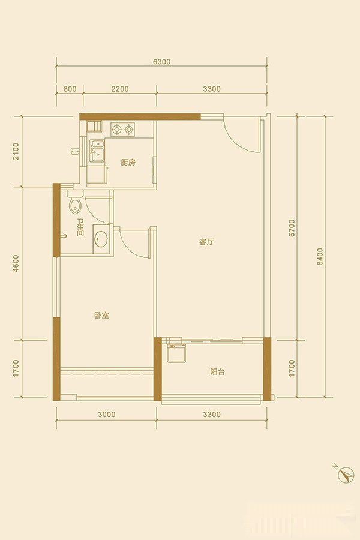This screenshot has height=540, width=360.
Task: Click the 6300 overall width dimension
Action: [161, 62]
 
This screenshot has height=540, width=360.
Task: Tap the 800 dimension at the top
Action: [70, 89]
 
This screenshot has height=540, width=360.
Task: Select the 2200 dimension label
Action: [120, 89]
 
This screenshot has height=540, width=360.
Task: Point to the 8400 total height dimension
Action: [320, 256]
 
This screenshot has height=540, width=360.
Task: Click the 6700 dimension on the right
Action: [292, 227]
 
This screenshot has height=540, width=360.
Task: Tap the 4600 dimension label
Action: [16, 263]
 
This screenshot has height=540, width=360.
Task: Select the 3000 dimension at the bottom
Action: [106, 414]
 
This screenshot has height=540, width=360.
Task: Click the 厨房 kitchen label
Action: [128, 162]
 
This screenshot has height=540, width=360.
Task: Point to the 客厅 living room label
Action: [206, 242]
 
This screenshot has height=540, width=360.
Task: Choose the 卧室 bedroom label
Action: [101, 315]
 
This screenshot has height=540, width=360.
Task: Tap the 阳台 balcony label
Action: [217, 372]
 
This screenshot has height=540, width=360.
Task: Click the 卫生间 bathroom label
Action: [80, 227]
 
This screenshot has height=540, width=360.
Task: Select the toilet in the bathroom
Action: [75, 203]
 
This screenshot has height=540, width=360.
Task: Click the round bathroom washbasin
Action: [101, 239]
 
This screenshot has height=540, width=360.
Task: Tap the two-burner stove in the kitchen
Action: [122, 130]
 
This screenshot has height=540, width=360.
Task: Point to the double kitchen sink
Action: [97, 151]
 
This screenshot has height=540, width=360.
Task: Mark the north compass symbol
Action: [346, 475]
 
